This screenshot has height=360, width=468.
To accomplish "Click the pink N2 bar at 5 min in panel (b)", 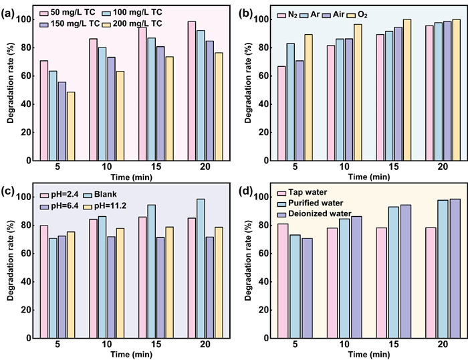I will (x=281, y=113).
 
